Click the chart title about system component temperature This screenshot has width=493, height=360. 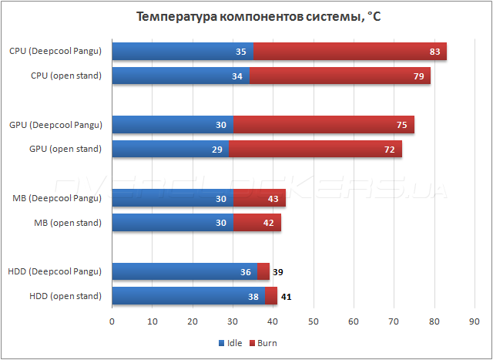(246, 17)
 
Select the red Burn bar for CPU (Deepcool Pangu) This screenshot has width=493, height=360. (350, 52)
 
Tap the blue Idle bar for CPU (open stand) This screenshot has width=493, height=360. (180, 76)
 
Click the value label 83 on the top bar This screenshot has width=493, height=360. (435, 52)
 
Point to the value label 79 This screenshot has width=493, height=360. (419, 76)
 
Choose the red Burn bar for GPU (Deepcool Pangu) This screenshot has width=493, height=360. (324, 124)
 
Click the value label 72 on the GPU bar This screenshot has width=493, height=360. (391, 148)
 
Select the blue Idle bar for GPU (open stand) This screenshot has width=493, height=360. (170, 148)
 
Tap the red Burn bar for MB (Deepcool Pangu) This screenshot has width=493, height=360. (260, 198)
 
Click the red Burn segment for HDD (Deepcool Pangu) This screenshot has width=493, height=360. (263, 271)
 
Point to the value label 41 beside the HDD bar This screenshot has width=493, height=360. (286, 295)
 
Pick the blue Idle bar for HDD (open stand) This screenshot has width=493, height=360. (188, 295)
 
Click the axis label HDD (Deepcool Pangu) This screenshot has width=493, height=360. (55, 271)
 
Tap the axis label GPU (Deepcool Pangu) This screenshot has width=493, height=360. (55, 124)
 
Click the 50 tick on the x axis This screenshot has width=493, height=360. (314, 321)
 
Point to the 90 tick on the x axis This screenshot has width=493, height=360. (475, 321)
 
